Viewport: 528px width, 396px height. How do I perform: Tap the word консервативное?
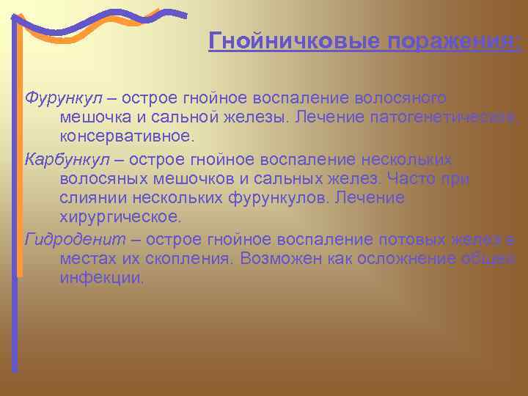pos(128,137)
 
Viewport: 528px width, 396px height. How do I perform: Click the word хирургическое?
pos(120,219)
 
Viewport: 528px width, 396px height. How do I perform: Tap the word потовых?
pos(411,239)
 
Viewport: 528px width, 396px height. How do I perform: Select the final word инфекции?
pos(102,279)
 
